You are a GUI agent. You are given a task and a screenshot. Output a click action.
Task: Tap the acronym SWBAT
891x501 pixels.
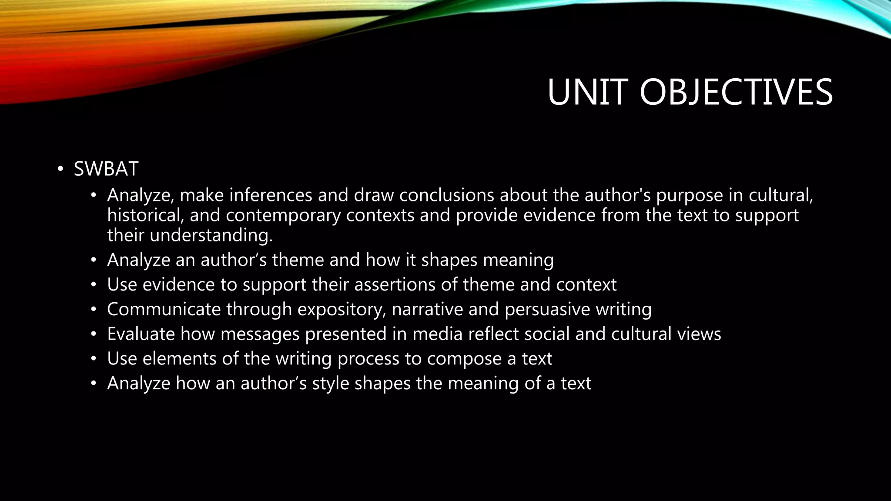tap(106, 169)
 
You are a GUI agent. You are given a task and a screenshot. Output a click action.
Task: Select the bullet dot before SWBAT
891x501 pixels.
tap(60, 169)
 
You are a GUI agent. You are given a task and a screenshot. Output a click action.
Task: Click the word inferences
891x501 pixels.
tap(271, 195)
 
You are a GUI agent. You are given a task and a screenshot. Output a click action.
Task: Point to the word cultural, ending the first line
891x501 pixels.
tap(780, 195)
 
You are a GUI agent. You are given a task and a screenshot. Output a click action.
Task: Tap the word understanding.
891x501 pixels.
tap(211, 235)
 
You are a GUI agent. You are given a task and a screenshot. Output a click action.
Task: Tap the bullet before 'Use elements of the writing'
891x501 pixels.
tap(93, 360)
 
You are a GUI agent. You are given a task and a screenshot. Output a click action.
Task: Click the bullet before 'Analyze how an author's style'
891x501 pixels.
tap(93, 384)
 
